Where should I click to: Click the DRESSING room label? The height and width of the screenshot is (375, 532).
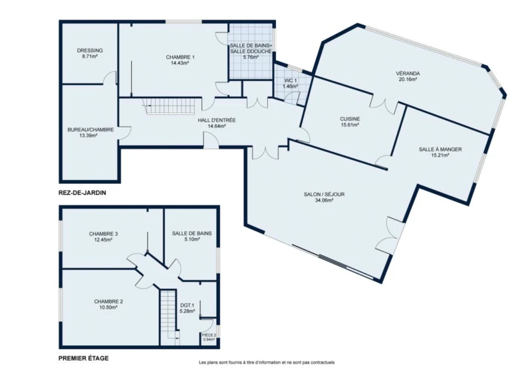tap(90, 50)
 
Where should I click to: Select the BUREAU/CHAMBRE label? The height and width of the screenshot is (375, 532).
tap(90, 129)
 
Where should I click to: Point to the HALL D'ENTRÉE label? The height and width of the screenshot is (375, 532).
tap(217, 120)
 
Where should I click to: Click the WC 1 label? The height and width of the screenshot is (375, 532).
tap(291, 80)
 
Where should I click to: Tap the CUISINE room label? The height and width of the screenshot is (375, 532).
tap(350, 119)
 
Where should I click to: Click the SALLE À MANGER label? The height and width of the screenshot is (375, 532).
tap(440, 149)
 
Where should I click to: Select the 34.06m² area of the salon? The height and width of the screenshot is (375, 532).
tap(324, 200)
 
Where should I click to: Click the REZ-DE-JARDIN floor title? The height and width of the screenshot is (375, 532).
tap(82, 192)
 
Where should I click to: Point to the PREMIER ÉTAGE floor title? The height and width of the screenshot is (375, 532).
tap(84, 358)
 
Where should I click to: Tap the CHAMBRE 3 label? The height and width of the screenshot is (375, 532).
tap(103, 234)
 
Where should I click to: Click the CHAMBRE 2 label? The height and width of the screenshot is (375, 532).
tap(108, 301)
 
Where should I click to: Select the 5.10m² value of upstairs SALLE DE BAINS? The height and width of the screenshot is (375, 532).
tap(192, 239)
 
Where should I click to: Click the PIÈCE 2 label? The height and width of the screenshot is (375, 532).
tap(209, 335)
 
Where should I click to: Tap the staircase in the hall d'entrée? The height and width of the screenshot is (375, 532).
tap(168, 106)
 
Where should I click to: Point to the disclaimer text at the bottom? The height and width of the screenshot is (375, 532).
tap(267, 362)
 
